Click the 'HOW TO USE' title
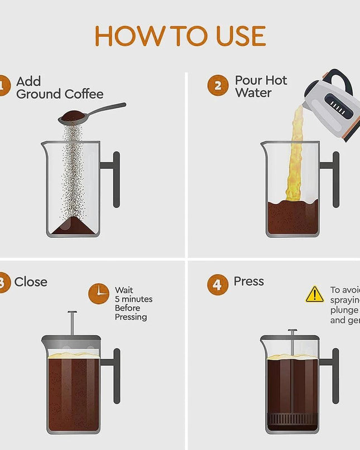coord(180,36)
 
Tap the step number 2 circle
coord(218,86)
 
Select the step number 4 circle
coord(218,284)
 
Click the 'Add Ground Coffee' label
coord(59,88)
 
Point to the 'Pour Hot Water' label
coord(261,86)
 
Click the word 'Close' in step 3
coord(31,282)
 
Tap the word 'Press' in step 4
coord(248,282)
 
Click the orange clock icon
coord(99,293)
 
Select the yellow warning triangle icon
coord(315,294)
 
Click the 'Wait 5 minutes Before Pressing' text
coord(133,303)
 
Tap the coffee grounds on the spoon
coord(71,115)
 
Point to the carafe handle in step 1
coord(115,179)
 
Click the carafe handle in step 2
coord(334,179)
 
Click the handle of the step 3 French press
coord(116,375)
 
